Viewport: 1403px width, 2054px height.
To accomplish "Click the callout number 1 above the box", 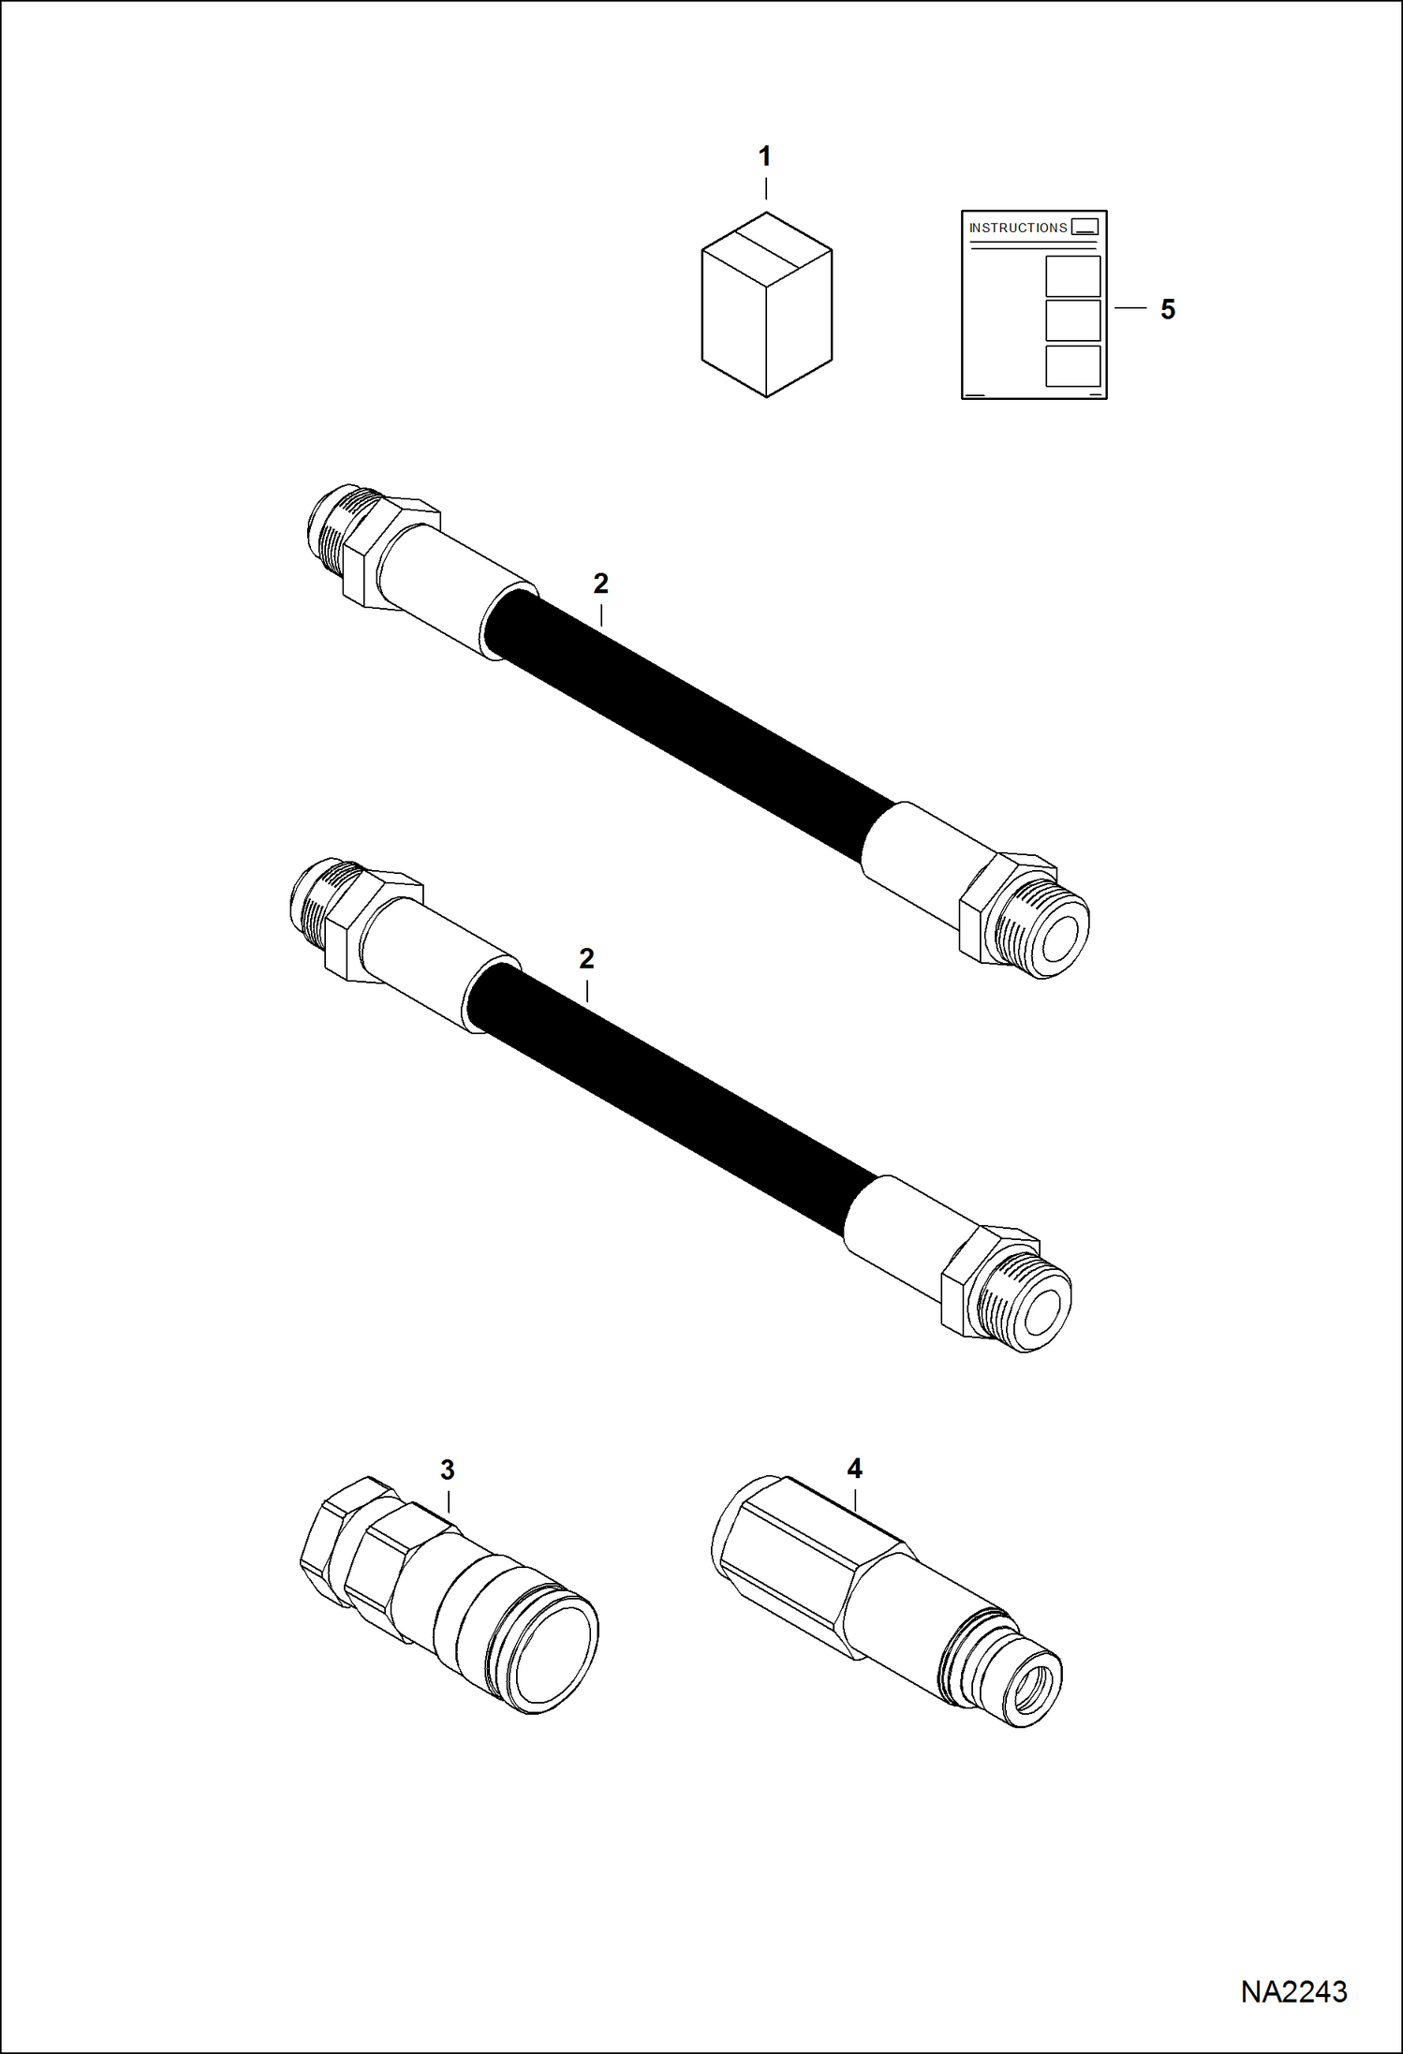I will coord(764,156).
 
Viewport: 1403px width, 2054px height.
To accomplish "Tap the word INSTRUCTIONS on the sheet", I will coord(1017,228).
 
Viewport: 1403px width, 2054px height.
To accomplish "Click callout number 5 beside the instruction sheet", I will coord(1167,309).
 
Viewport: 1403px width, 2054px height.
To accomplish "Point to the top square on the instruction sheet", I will coord(1072,276).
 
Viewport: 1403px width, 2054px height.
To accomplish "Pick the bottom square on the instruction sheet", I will coord(1072,366).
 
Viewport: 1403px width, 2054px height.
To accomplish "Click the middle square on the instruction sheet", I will coord(1072,320).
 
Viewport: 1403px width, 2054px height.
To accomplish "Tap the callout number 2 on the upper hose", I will coord(600,584).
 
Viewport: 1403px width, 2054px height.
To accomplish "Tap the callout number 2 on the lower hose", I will coord(586,958).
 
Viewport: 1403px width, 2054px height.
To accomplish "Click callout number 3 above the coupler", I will coord(447,1470).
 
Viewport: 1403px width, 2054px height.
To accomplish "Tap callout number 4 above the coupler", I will coord(854,1468).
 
